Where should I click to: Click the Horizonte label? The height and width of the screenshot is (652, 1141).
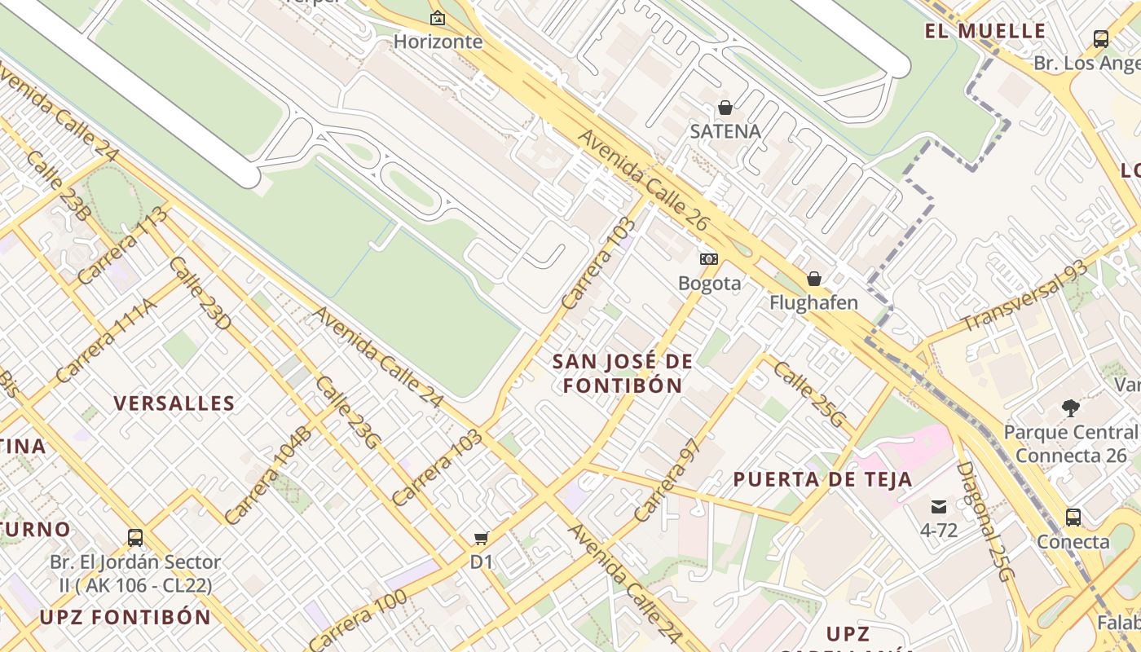pyautogui.click(x=438, y=42)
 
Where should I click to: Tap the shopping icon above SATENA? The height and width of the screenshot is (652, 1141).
pyautogui.click(x=725, y=108)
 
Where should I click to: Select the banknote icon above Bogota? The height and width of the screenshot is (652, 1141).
pyautogui.click(x=709, y=259)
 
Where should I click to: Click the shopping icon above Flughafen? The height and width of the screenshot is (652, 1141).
pyautogui.click(x=813, y=279)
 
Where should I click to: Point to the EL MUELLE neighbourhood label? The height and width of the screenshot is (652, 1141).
pyautogui.click(x=985, y=32)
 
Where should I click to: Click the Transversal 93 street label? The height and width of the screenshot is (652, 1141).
pyautogui.click(x=1025, y=295)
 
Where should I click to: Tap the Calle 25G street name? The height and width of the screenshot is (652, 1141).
pyautogui.click(x=809, y=394)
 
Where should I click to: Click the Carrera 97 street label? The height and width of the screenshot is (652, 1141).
pyautogui.click(x=667, y=481)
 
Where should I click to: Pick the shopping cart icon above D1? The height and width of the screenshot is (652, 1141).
pyautogui.click(x=482, y=538)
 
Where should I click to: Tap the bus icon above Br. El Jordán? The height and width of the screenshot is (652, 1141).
pyautogui.click(x=135, y=538)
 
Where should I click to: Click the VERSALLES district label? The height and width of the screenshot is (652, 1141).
pyautogui.click(x=174, y=403)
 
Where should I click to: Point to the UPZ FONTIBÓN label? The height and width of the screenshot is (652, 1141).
pyautogui.click(x=126, y=617)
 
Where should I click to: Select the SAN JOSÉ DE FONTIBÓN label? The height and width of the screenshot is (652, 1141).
pyautogui.click(x=623, y=373)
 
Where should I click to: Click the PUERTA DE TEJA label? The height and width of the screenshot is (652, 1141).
pyautogui.click(x=822, y=479)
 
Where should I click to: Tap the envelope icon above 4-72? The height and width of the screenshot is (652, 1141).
pyautogui.click(x=939, y=506)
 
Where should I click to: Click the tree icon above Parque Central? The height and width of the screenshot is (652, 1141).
pyautogui.click(x=1070, y=408)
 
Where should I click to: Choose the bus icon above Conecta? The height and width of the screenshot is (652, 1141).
pyautogui.click(x=1073, y=518)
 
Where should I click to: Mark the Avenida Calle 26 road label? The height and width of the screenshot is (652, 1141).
pyautogui.click(x=644, y=180)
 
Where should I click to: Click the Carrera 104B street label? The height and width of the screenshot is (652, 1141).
pyautogui.click(x=268, y=474)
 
